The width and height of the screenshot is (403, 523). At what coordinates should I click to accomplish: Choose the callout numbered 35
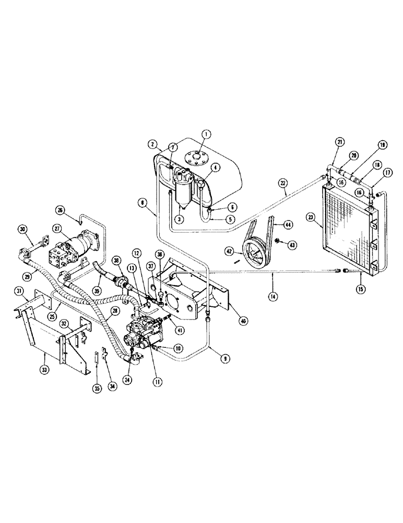96,388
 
